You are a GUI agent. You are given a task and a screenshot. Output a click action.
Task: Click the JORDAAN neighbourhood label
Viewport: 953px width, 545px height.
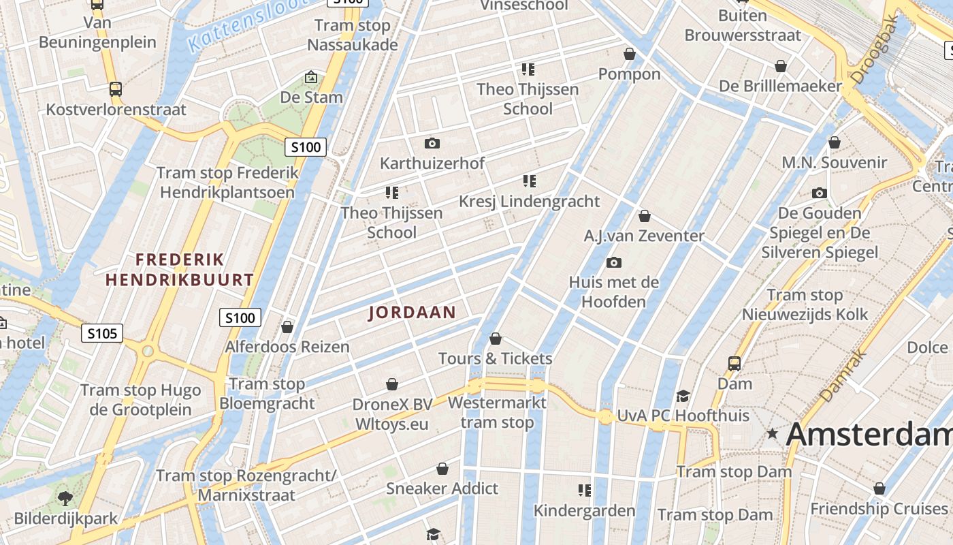(x=412, y=313)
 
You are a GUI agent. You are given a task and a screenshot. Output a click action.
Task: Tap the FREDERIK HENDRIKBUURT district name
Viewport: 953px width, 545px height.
(x=180, y=270)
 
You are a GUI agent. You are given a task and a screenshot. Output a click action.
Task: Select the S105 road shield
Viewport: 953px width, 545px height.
(x=102, y=333)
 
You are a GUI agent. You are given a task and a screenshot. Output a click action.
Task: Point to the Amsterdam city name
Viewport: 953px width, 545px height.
(x=869, y=435)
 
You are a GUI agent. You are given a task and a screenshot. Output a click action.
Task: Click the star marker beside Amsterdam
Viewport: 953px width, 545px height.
(x=772, y=433)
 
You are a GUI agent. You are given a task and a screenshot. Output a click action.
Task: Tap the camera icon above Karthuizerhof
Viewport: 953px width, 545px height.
(x=432, y=143)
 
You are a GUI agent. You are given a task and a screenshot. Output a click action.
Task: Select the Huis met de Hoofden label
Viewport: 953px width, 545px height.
(x=613, y=292)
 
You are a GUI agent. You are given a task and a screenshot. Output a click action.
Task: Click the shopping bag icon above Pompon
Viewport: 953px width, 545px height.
(x=630, y=53)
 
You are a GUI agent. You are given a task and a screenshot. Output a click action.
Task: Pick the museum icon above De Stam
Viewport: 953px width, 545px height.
(x=311, y=77)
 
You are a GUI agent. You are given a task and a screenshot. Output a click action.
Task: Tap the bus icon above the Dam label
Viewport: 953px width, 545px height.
(x=734, y=363)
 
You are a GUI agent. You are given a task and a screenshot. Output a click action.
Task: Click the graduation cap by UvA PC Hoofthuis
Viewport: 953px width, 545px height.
(x=683, y=396)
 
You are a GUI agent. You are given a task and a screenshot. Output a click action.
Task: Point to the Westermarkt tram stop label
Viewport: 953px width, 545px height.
(x=497, y=412)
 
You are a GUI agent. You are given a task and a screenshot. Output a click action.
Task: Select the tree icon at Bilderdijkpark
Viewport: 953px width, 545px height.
(x=65, y=498)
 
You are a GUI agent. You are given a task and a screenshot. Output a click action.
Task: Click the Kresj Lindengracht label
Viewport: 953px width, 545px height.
(x=529, y=202)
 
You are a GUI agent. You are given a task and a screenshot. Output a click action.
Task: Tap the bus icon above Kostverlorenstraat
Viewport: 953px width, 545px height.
(x=116, y=89)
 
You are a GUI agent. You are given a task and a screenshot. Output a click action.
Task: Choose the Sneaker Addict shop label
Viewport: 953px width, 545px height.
(x=442, y=488)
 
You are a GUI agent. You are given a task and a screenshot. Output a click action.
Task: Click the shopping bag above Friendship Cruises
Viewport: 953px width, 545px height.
(x=879, y=488)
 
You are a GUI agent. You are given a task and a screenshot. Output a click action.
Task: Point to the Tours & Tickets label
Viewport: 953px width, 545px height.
(x=495, y=358)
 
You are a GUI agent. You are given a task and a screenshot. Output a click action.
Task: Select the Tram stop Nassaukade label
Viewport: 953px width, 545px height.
(x=352, y=35)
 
